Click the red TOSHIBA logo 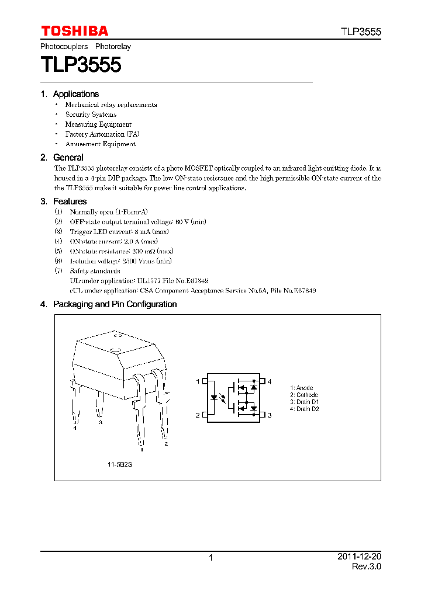click(74, 31)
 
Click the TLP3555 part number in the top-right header click(361, 32)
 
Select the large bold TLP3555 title click(81, 64)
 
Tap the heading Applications click(75, 94)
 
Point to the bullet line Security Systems click(91, 114)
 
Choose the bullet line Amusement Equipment click(100, 144)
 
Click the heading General click(68, 158)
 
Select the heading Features click(70, 201)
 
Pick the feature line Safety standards click(95, 271)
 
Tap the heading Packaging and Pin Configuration click(115, 304)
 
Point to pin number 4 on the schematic click(270, 381)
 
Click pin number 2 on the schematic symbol click(198, 415)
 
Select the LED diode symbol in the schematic click(214, 398)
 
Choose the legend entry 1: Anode click(302, 388)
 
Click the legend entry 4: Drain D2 click(304, 409)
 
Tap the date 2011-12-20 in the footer click(359, 557)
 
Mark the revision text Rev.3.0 click(366, 567)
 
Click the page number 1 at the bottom click(210, 558)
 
